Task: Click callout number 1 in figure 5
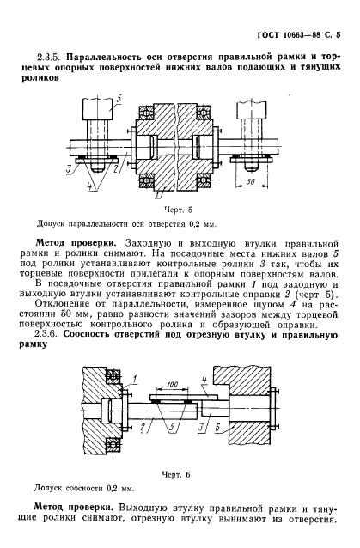[x=157, y=197]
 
